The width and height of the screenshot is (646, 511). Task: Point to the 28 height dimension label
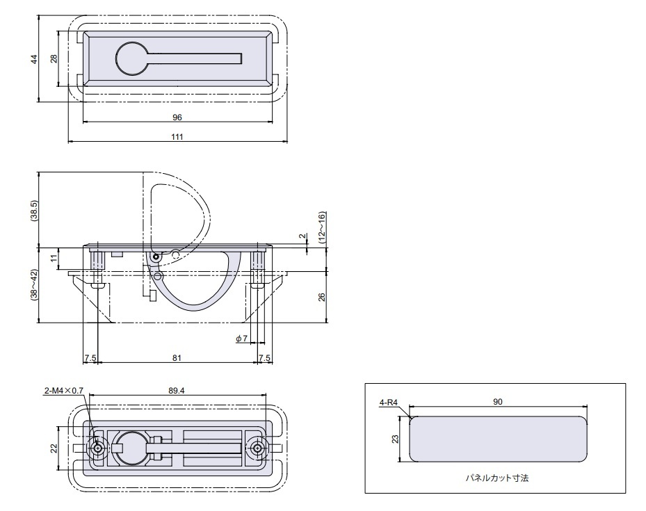(54, 59)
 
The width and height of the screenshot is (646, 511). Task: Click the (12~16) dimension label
(321, 227)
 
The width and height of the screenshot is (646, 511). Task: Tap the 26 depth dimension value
(321, 297)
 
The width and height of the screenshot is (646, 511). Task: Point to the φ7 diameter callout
(241, 339)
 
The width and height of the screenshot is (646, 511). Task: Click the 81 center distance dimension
(177, 357)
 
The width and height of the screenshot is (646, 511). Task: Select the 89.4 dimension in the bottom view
(177, 391)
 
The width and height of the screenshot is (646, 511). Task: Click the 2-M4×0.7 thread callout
(63, 391)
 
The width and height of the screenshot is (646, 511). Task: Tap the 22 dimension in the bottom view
(54, 448)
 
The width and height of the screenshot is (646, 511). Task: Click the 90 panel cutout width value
(498, 402)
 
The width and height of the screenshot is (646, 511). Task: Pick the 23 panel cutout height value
(394, 439)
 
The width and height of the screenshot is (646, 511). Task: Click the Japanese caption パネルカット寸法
(498, 478)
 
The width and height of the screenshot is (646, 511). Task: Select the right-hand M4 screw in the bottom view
(259, 448)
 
